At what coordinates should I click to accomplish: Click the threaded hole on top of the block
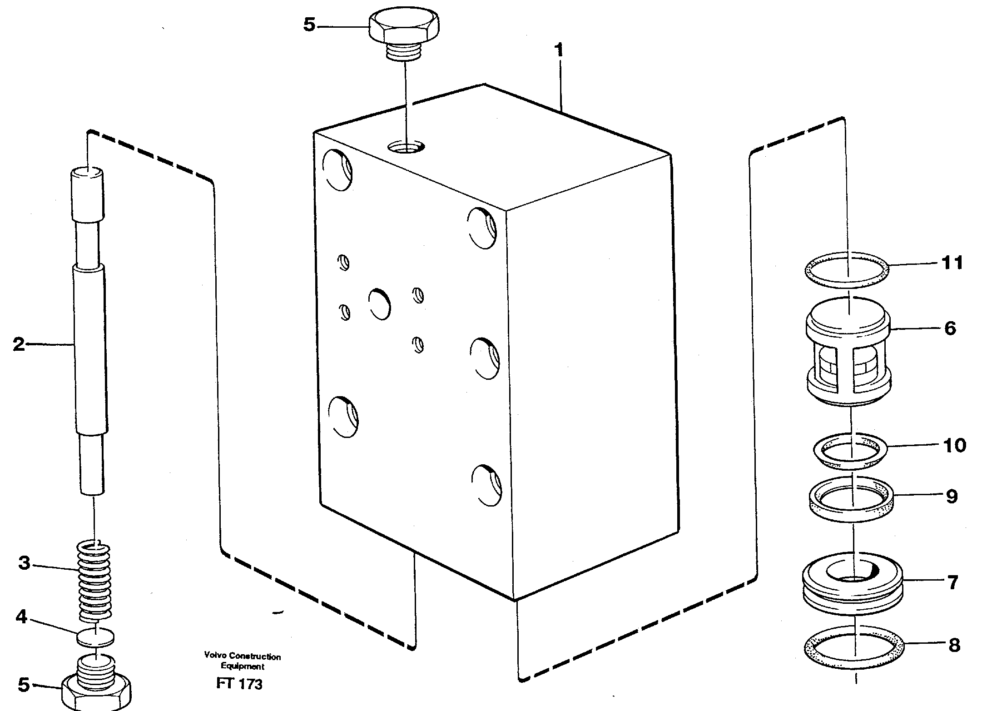(407, 147)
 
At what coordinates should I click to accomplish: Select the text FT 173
(239, 684)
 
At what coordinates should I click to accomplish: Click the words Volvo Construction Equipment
(242, 661)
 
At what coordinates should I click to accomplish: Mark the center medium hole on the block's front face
(380, 303)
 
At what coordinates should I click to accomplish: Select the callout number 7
(952, 582)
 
